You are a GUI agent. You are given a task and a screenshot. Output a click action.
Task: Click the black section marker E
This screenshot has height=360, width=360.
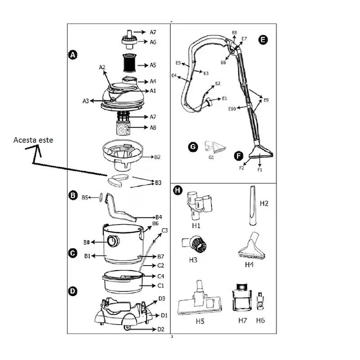pyautogui.click(x=263, y=40)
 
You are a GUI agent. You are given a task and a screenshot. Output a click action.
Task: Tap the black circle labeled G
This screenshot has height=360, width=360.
pyautogui.click(x=193, y=147)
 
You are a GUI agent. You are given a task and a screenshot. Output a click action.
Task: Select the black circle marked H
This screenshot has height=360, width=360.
pyautogui.click(x=178, y=190)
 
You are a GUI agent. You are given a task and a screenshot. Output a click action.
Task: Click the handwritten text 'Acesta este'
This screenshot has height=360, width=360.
pyautogui.click(x=33, y=140)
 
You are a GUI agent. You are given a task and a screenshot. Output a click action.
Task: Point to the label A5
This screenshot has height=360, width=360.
pyautogui.click(x=153, y=65)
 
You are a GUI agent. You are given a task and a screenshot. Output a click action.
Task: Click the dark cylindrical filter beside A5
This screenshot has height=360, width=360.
pyautogui.click(x=130, y=63)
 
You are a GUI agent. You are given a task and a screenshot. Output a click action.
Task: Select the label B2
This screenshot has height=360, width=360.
pyautogui.click(x=157, y=157)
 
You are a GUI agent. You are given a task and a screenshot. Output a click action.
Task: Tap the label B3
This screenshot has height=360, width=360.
pyautogui.click(x=158, y=183)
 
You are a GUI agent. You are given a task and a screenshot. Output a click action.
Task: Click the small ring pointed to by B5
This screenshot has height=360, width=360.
pyautogui.click(x=101, y=198)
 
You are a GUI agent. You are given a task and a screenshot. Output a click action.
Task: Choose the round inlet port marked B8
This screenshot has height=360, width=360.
pyautogui.click(x=113, y=241)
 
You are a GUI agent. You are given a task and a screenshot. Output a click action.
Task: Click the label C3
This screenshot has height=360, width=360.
pyautogui.click(x=165, y=230)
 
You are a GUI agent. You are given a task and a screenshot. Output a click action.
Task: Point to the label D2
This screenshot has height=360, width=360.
pyautogui.click(x=161, y=329)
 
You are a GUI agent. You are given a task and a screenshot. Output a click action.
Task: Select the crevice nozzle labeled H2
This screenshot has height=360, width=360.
pyautogui.click(x=253, y=206)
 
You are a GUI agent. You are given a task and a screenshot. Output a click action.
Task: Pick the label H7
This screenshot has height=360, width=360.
pyautogui.click(x=243, y=320)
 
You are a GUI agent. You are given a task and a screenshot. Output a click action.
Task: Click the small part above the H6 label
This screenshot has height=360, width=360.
pyautogui.click(x=260, y=301)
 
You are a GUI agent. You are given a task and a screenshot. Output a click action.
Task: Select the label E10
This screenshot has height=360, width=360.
pyautogui.click(x=232, y=109)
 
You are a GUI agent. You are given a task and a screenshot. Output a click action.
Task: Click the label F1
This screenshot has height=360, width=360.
pyautogui.click(x=260, y=170)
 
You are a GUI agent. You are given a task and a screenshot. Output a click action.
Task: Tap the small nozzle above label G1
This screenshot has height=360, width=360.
pyautogui.click(x=215, y=147)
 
